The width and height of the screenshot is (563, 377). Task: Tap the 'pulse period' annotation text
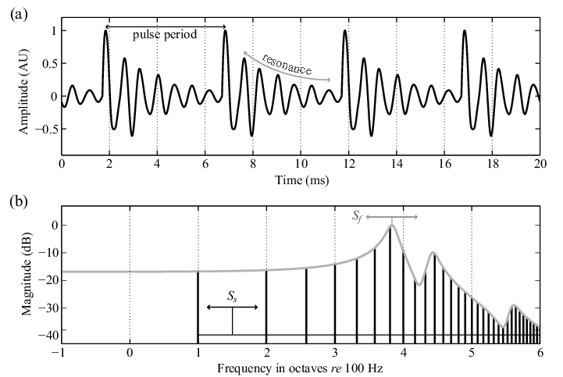[x=165, y=36]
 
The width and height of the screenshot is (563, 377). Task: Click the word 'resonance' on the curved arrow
[x=287, y=66]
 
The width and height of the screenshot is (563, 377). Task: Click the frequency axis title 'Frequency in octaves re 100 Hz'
[x=301, y=365]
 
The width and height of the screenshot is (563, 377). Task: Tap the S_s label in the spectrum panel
[x=232, y=297]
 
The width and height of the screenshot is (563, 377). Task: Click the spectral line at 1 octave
[x=198, y=304]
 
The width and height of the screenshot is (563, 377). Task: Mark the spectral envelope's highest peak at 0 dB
[x=391, y=225]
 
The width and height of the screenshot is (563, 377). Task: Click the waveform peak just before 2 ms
[x=105, y=30]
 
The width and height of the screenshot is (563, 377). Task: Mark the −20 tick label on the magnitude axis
[x=47, y=281]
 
